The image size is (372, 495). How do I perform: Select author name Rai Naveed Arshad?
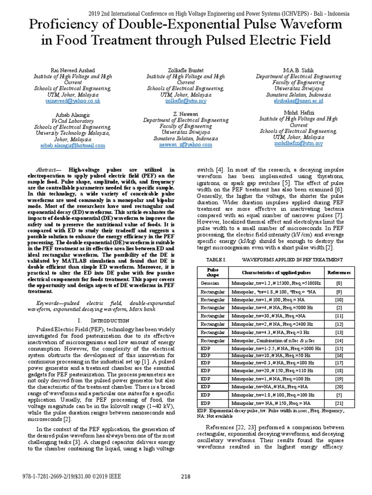point(73,70)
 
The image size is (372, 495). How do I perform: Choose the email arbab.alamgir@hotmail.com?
point(73,145)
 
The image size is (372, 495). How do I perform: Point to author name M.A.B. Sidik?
point(298,70)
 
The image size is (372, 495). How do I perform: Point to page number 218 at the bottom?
point(186,477)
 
